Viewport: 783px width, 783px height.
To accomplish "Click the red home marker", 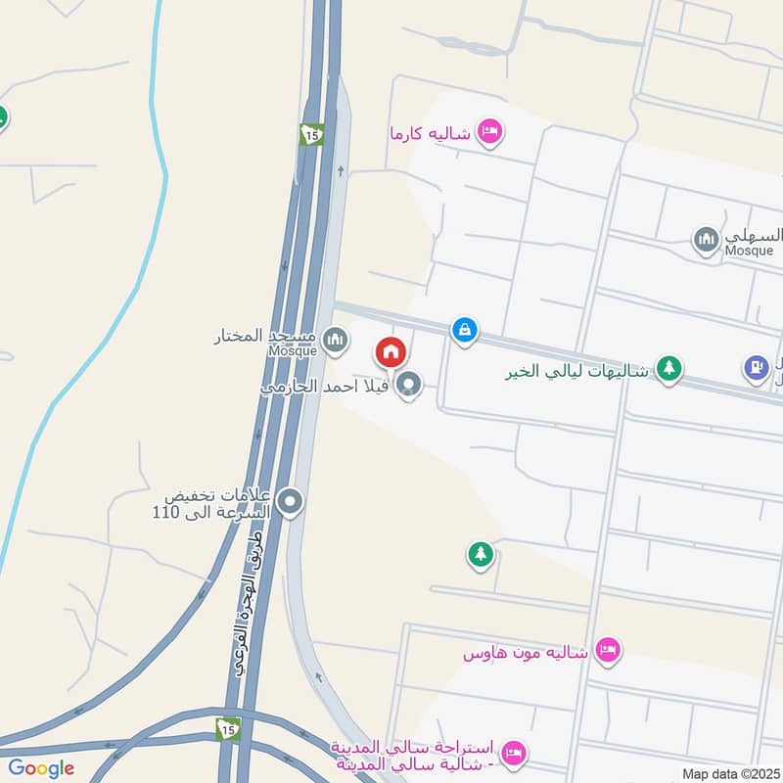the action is pyautogui.click(x=390, y=351).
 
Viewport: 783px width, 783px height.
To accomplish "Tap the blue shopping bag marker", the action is pyautogui.click(x=465, y=330).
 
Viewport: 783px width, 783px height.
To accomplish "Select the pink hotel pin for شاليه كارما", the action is pyautogui.click(x=489, y=131).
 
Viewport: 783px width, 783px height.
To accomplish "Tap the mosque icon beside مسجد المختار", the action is pyautogui.click(x=336, y=340).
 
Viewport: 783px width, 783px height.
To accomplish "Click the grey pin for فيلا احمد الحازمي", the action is pyautogui.click(x=410, y=385).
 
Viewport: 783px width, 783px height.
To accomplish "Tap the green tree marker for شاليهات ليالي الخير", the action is pyautogui.click(x=668, y=369).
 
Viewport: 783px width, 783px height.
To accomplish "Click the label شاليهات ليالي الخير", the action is pyautogui.click(x=577, y=371).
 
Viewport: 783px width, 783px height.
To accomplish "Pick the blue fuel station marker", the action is pyautogui.click(x=755, y=367).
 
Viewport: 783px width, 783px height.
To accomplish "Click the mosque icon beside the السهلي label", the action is pyautogui.click(x=706, y=239).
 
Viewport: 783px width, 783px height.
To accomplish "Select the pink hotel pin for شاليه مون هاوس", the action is pyautogui.click(x=608, y=650).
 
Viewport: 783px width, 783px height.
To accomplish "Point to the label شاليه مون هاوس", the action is pyautogui.click(x=526, y=652).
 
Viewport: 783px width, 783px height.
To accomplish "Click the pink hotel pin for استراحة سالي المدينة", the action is pyautogui.click(x=511, y=753).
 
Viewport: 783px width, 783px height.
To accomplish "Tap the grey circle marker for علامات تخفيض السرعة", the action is pyautogui.click(x=290, y=503).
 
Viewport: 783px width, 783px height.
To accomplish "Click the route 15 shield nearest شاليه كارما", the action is pyautogui.click(x=311, y=136).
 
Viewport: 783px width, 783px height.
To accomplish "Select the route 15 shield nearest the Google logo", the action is pyautogui.click(x=229, y=728).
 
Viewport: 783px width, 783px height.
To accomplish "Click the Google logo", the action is pyautogui.click(x=41, y=768).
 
